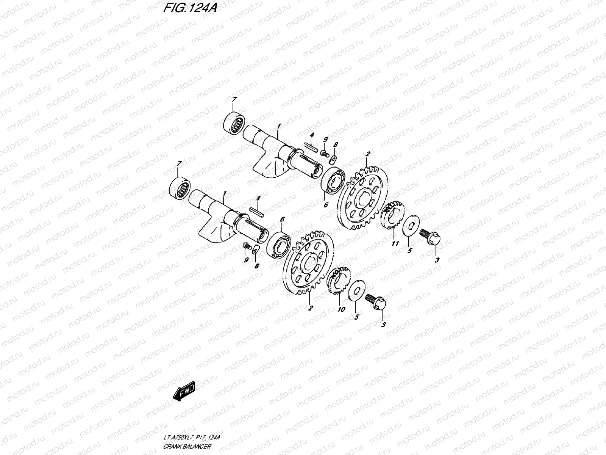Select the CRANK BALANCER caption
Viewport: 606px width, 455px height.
click(188, 447)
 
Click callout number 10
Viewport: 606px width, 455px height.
click(341, 309)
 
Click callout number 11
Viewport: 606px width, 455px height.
click(395, 244)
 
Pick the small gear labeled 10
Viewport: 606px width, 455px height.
click(338, 284)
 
